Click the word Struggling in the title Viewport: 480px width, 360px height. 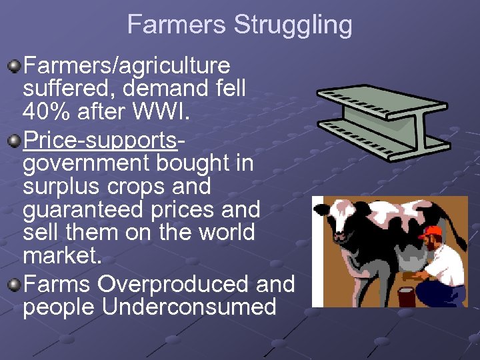(293, 25)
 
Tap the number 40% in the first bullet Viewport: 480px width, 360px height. (46, 111)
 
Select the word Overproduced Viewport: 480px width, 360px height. (174, 284)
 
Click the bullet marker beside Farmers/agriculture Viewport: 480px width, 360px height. (14, 66)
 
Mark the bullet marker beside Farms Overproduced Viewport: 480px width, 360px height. (14, 285)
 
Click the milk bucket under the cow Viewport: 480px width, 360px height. (406, 296)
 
